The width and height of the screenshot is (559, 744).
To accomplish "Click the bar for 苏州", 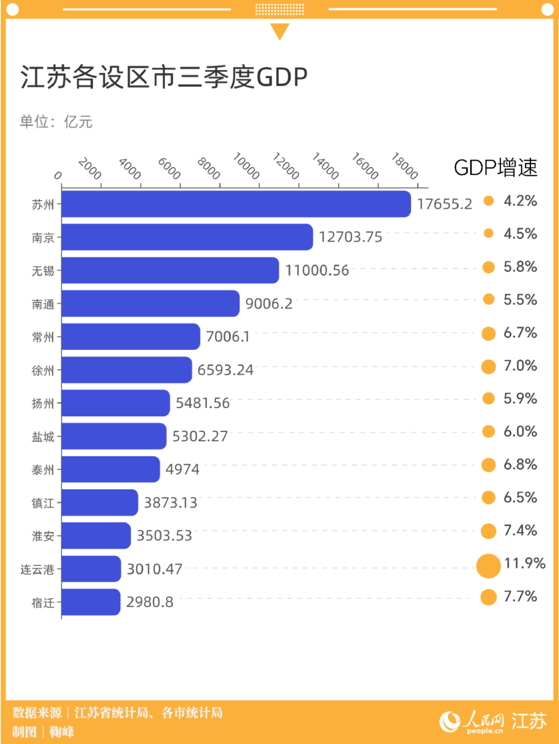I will tap(236, 204).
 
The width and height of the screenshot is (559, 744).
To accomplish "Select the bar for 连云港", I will tap(91, 568).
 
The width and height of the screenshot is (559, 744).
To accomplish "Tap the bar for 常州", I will tap(130, 337).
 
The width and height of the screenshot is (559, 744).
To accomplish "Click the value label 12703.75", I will tap(350, 237).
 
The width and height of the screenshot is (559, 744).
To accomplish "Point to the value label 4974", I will tap(182, 469).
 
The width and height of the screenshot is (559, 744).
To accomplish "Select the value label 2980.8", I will tap(150, 602).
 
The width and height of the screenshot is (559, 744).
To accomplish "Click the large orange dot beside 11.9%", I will tap(488, 565).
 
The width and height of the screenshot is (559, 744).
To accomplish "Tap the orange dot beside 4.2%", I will tap(489, 201).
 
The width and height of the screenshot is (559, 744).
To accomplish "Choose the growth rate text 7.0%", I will tap(520, 366).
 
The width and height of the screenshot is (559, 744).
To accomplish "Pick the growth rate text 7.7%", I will tap(520, 596).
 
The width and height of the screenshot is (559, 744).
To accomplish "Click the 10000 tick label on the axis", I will tap(246, 166).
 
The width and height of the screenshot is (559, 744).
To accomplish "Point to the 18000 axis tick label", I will tap(405, 166).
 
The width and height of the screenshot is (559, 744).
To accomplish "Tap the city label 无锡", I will tap(43, 271).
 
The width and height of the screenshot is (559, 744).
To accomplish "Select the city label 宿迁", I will tap(43, 603).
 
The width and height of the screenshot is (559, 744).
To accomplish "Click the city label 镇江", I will tap(43, 503).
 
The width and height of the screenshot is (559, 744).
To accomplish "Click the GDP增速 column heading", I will tap(495, 168).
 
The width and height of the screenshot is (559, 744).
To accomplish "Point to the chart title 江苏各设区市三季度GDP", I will tap(164, 77).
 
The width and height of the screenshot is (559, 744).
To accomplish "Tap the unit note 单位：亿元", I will tap(56, 122).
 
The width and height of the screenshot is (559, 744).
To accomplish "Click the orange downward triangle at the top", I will tap(279, 31).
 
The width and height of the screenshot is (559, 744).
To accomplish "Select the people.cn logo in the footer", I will tap(472, 722).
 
